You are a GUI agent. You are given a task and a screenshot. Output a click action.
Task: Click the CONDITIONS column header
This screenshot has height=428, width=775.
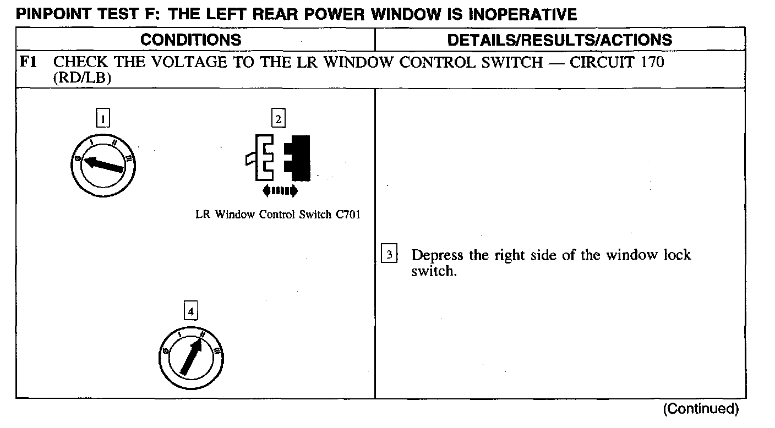190,40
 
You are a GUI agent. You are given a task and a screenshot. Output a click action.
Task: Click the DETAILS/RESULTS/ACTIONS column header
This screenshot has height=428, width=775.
559,40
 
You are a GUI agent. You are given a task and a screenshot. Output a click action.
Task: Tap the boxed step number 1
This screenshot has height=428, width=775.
103,118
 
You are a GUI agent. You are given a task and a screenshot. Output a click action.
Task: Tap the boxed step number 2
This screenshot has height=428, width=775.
279,118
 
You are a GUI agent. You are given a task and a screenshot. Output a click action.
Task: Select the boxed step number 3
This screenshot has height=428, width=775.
389,255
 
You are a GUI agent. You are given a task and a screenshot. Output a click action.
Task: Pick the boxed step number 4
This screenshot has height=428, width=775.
190,311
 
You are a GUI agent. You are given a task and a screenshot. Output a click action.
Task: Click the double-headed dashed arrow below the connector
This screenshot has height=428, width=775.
280,191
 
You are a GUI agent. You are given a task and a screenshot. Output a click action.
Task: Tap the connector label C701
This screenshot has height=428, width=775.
347,215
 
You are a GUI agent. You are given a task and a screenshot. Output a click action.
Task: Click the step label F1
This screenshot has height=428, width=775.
28,62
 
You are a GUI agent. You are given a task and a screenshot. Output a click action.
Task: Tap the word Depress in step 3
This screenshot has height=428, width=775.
438,256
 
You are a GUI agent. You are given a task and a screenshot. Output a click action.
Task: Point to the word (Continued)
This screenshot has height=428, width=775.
701,409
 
